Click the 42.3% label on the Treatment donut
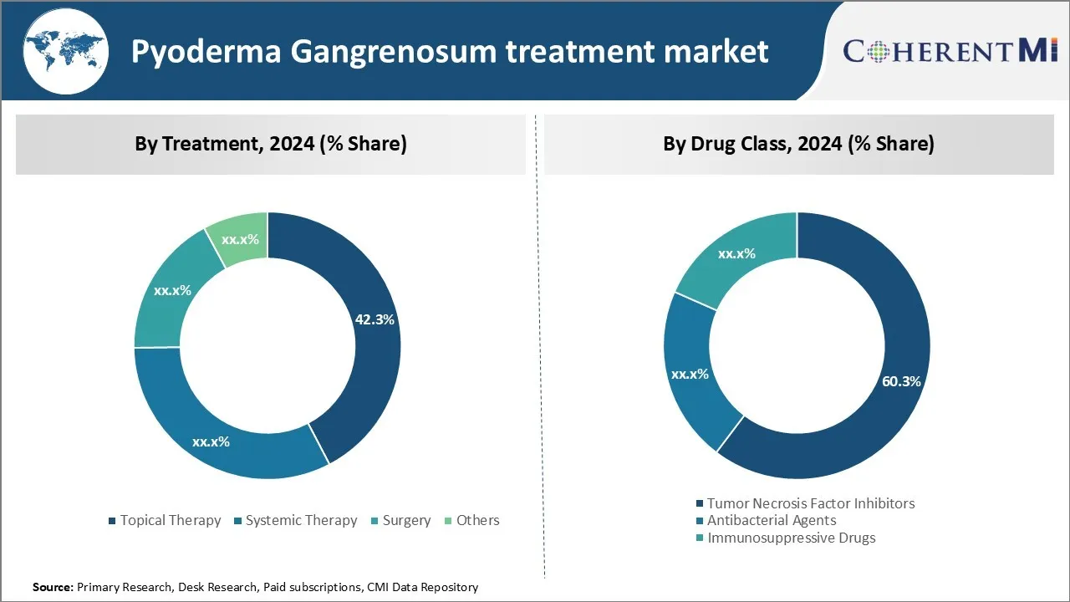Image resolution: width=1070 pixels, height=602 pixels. tap(374, 319)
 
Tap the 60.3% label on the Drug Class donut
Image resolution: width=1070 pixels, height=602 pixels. tap(901, 381)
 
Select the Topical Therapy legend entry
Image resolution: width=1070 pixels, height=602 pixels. tap(170, 520)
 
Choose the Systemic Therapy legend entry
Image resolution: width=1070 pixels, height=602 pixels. tap(301, 520)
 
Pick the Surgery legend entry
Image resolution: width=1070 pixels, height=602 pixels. tap(406, 520)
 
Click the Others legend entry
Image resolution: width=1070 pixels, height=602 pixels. tap(477, 520)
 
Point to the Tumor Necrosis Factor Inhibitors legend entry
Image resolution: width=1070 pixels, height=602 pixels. tap(810, 503)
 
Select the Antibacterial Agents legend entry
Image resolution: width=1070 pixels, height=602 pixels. tap(771, 520)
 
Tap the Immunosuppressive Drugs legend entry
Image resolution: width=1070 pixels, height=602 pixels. tap(791, 538)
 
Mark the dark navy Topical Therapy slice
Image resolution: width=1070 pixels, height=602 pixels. tap(368, 376)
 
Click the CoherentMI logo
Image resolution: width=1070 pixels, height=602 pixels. tap(950, 51)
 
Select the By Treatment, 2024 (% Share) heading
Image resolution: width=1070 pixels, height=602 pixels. tap(271, 144)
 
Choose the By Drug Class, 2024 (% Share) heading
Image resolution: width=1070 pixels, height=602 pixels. tap(798, 144)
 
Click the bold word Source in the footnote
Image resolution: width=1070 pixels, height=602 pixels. tap(53, 588)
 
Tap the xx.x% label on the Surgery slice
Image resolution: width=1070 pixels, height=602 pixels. tap(172, 290)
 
